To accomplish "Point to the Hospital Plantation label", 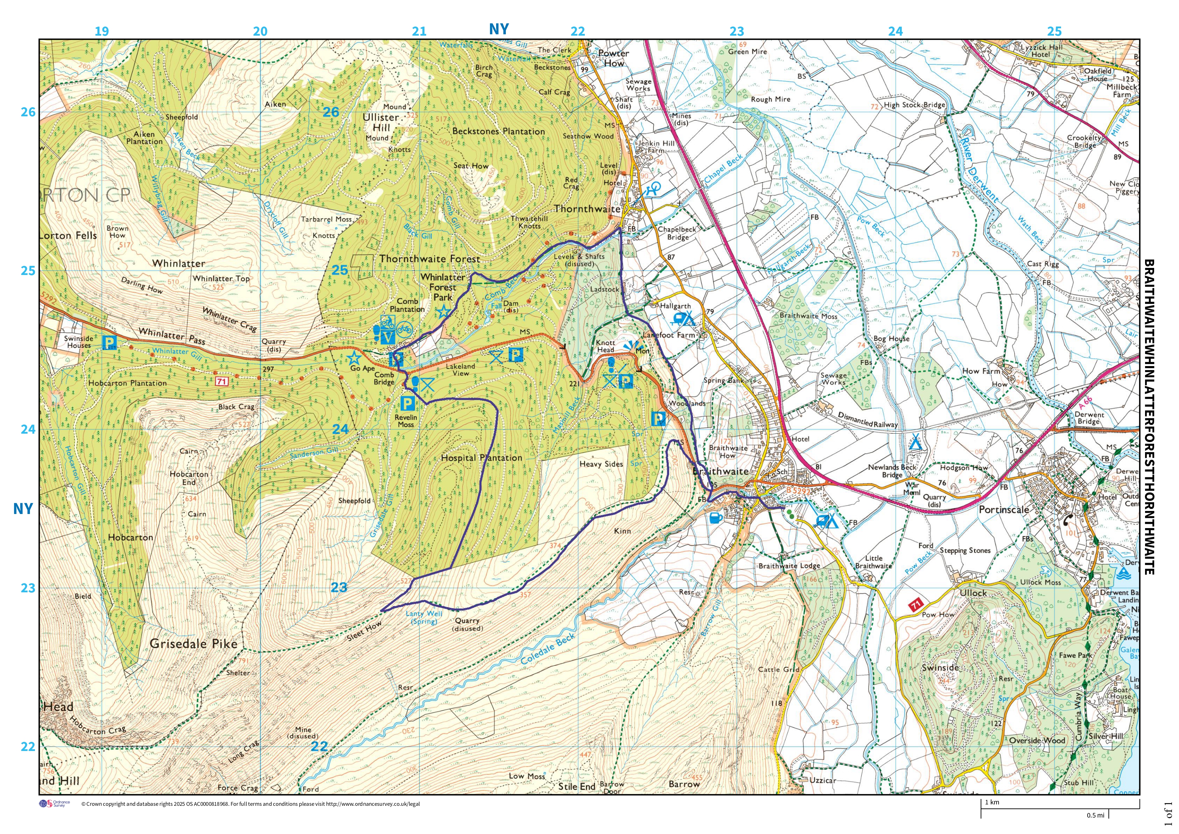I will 481,458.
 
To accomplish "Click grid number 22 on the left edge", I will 28,747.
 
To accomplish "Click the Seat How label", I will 471,165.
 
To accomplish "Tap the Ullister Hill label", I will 380,122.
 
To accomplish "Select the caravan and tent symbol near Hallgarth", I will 683,319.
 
